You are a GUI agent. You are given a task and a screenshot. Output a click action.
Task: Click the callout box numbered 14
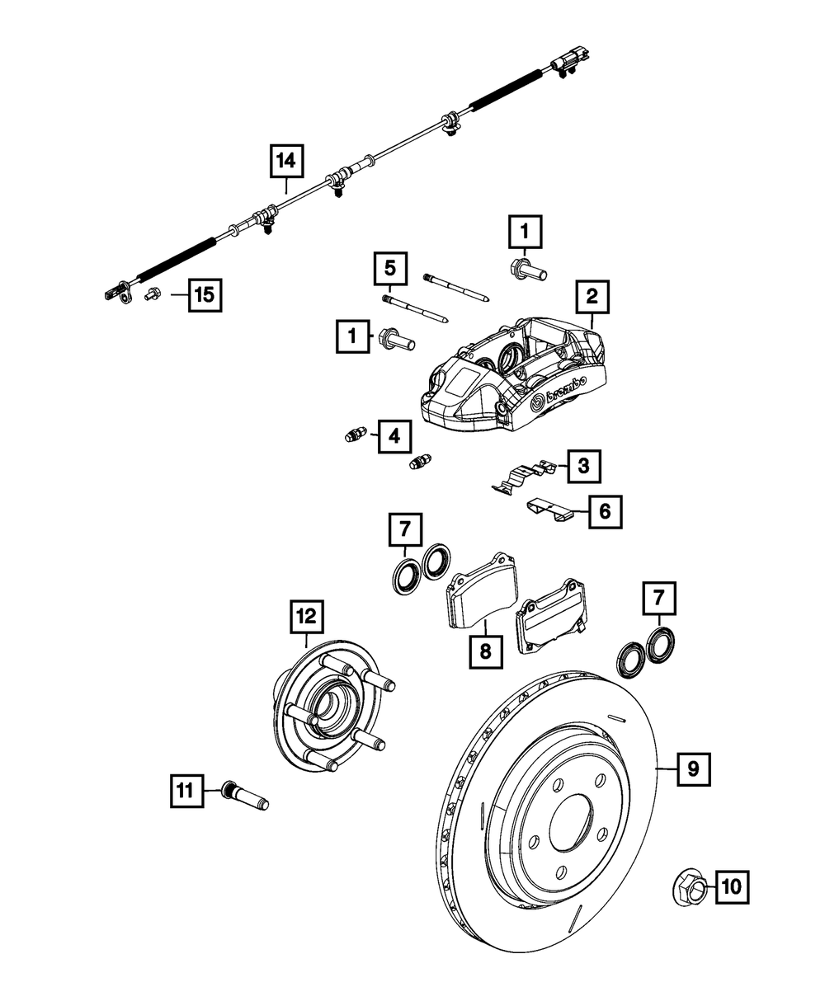pos(285,162)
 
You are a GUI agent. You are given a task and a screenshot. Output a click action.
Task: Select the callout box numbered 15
pos(205,294)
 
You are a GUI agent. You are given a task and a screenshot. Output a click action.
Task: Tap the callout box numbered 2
pos(593,297)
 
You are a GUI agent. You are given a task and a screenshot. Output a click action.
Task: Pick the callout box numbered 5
pos(390,268)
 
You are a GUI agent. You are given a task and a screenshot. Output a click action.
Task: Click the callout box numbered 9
pos(693,768)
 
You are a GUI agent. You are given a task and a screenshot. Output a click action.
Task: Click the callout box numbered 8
pos(485,652)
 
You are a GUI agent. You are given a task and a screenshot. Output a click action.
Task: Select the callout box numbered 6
pos(605,512)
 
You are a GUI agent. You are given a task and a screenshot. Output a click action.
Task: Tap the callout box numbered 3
pos(583,467)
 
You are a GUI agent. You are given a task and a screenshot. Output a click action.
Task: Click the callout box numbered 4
pos(394,436)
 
